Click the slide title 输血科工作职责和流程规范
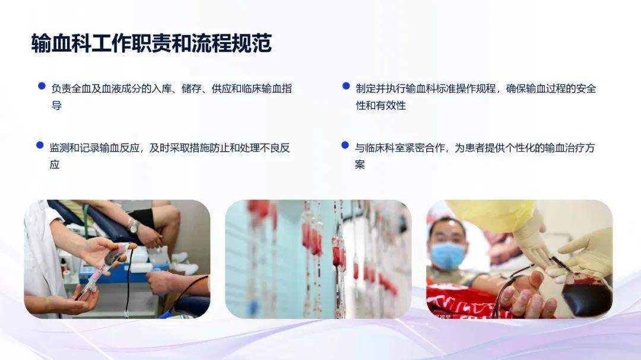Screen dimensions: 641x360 click(151, 43)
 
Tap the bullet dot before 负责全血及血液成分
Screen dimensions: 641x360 click(42, 86)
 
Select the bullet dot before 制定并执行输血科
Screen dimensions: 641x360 click(346, 86)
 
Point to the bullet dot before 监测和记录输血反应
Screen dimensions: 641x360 click(40, 145)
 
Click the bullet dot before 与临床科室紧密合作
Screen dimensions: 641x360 click(345, 145)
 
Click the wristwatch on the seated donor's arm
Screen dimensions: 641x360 click(133, 227)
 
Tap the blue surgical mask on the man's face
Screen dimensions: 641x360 click(448, 256)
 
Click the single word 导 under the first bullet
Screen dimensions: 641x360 click(56, 106)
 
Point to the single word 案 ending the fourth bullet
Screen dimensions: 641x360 click(360, 165)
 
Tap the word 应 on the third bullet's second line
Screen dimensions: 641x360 click(55, 165)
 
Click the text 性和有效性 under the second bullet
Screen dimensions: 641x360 click(380, 106)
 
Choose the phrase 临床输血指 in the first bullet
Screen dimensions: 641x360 click(266, 89)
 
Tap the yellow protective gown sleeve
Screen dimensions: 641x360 click(491, 215)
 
